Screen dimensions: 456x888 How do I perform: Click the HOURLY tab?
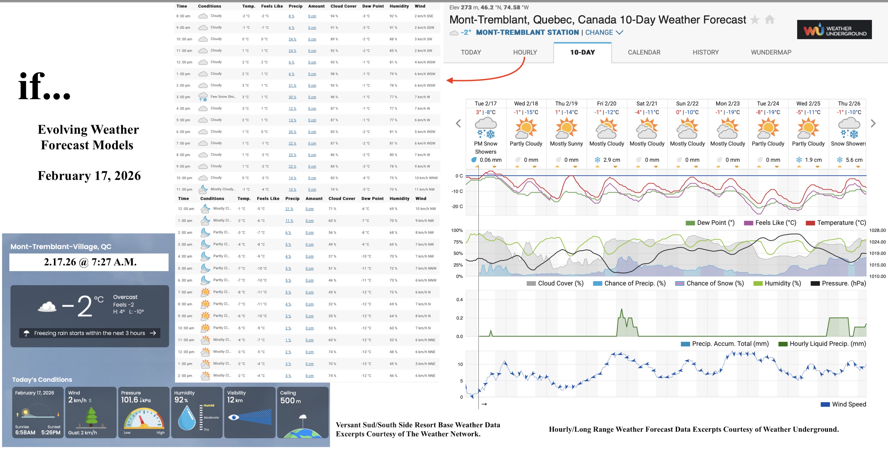(525, 52)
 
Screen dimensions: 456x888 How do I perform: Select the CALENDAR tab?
(644, 52)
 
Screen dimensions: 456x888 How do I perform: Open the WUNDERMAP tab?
(771, 52)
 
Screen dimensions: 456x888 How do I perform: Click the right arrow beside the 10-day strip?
(873, 123)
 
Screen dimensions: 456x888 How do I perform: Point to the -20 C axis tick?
(457, 206)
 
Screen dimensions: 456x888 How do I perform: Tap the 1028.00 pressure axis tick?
(877, 230)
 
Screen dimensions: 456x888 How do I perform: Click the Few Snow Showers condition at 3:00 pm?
(223, 97)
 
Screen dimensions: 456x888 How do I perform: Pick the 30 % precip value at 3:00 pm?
(292, 97)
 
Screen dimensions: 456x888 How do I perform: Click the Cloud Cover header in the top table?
(343, 6)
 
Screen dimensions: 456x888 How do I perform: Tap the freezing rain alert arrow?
(153, 333)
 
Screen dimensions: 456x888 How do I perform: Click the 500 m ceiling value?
(290, 400)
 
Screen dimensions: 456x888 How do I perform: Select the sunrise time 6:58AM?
(25, 433)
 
